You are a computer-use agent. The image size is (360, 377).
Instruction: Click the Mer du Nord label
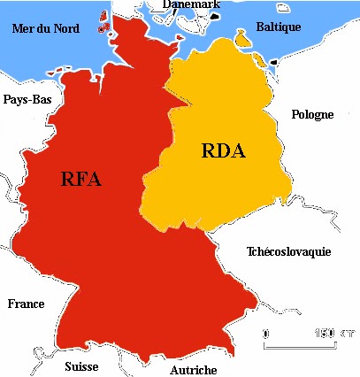click(x=46, y=28)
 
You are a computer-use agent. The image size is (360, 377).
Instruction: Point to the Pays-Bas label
click(x=27, y=99)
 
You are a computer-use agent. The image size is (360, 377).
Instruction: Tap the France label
click(x=26, y=304)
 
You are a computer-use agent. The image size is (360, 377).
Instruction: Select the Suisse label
click(x=81, y=366)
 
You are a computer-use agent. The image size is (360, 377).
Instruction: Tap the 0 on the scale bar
click(x=267, y=334)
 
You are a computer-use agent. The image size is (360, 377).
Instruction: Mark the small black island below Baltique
click(x=272, y=62)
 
